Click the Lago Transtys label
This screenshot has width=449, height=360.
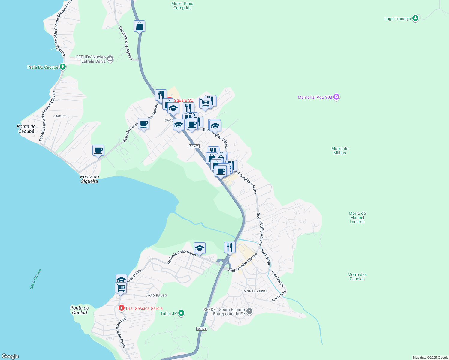pos(397,19)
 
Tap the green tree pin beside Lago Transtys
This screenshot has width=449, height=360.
pos(415,18)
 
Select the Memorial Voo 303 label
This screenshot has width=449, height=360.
pos(315,97)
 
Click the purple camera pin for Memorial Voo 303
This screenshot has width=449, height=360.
pos(336,97)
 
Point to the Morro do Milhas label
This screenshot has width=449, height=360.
pos(340,151)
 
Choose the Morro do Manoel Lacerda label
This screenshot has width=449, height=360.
pos(357,217)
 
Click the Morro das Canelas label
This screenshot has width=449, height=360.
pos(357,277)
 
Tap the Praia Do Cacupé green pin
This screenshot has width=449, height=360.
pos(62,67)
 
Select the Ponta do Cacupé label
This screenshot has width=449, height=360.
pos(26,129)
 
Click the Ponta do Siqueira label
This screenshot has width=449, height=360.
pos(89,179)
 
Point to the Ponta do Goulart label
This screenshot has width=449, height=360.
pos(80,310)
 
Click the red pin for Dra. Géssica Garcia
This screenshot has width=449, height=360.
pos(122,308)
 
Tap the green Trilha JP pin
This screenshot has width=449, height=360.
pos(181,313)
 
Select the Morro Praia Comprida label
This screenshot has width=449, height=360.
pos(182,6)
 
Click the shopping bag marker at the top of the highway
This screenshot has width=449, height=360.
pos(140,26)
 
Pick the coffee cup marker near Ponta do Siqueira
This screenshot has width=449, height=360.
pos(98,150)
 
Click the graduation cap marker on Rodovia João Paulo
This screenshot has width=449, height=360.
pos(200,248)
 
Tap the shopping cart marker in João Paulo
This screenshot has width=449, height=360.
pos(121,288)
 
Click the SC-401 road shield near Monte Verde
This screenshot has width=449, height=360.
pos(202,329)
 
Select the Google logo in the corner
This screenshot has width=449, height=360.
pos(10,356)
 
